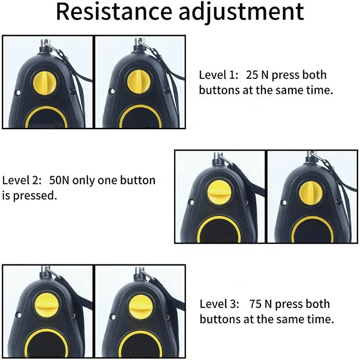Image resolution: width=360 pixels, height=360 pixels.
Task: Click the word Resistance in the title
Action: click(x=114, y=12)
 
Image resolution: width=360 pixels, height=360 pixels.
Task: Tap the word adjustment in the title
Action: click(x=242, y=13)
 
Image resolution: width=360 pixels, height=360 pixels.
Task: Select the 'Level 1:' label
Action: click(x=219, y=75)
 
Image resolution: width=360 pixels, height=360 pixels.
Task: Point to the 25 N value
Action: click(x=257, y=75)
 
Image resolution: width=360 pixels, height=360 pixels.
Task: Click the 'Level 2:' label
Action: click(x=22, y=180)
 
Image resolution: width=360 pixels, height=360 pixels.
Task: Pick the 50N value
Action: click(x=59, y=180)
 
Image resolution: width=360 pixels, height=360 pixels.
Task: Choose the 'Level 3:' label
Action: click(x=219, y=304)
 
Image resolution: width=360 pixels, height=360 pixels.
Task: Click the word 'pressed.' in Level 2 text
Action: click(x=35, y=196)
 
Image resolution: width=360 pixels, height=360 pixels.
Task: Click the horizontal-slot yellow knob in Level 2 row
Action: click(x=219, y=193)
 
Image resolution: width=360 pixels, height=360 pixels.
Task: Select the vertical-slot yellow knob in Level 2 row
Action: click(x=311, y=193)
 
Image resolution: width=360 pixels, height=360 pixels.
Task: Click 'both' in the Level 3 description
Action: click(x=318, y=304)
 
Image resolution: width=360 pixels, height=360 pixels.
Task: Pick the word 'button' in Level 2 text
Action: click(x=138, y=180)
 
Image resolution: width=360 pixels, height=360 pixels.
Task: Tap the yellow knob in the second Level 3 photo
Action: click(x=140, y=306)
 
